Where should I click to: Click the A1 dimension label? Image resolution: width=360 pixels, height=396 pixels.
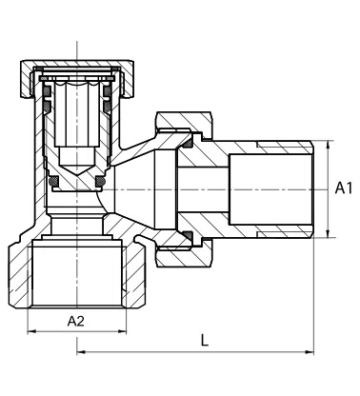tap(344, 189)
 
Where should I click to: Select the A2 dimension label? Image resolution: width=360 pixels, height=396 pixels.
tap(77, 322)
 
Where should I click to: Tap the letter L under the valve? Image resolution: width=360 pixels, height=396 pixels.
tap(205, 339)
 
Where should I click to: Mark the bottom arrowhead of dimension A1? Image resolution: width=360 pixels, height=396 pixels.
tap(329, 233)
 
